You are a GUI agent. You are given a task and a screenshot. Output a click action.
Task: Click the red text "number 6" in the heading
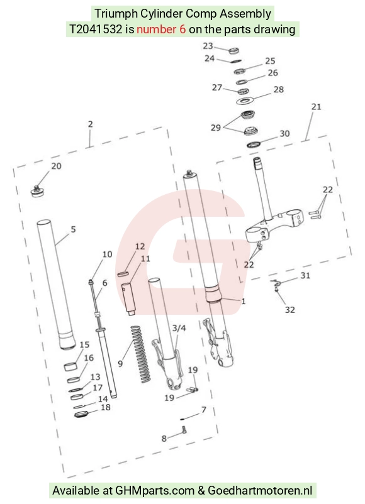(x=161, y=30)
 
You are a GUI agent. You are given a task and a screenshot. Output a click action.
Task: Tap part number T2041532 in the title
(x=96, y=30)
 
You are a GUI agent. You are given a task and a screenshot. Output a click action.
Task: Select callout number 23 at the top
(x=208, y=46)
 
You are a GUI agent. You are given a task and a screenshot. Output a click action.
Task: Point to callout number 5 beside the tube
(x=74, y=229)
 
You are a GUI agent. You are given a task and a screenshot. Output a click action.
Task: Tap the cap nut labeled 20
(x=38, y=191)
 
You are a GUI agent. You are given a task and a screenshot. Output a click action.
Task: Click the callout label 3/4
(x=179, y=328)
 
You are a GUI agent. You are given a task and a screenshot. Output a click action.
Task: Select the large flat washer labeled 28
(x=245, y=101)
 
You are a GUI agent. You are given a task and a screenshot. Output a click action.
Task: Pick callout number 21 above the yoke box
(x=317, y=106)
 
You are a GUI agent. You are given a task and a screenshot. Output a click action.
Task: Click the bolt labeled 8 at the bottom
(x=184, y=430)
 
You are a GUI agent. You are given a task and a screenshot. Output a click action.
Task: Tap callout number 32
(x=290, y=310)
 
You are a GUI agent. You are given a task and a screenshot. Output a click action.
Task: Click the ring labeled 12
(x=123, y=274)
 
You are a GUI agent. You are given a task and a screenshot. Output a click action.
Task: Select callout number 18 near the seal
(x=106, y=407)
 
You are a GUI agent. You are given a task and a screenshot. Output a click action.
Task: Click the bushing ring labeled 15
(x=72, y=366)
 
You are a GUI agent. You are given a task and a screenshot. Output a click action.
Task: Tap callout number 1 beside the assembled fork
(x=244, y=301)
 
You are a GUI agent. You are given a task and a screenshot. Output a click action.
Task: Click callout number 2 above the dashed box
(x=91, y=124)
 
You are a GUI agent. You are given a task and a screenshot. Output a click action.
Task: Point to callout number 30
(x=284, y=133)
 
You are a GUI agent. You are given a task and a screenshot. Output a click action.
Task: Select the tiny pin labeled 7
(x=182, y=419)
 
